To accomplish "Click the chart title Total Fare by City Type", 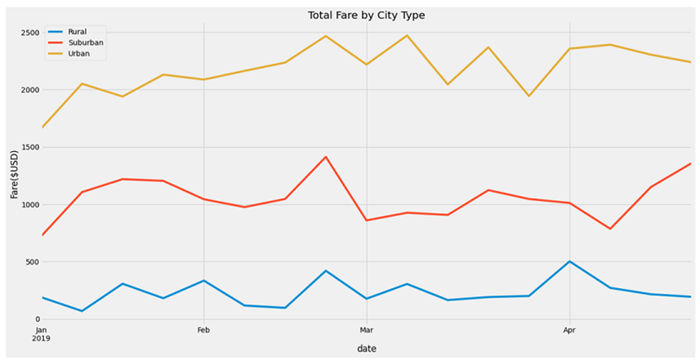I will tap(366, 16).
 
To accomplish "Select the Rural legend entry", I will tap(77, 32).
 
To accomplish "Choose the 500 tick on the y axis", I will tap(30, 262).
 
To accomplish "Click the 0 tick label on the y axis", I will tap(37, 319).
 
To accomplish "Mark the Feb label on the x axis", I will tap(203, 331).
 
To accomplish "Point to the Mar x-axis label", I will tap(366, 331).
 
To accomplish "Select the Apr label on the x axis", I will tap(568, 331).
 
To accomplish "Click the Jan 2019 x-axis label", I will tap(42, 335).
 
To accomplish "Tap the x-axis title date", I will tap(366, 349).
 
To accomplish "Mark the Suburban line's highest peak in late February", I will tap(326, 157).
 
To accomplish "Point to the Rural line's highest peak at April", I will tap(569, 262).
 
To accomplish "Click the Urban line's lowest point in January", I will tap(42, 127).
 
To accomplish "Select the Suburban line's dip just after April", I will tap(609, 229).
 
